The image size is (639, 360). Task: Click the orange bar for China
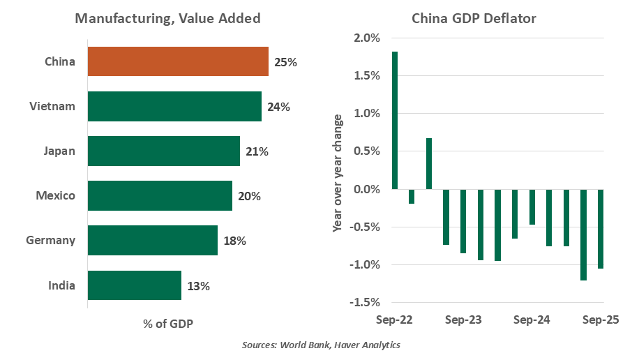(178, 61)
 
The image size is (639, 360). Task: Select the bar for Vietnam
(174, 106)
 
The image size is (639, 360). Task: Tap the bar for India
(135, 285)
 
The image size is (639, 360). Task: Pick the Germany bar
(153, 241)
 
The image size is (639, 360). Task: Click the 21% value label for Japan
(257, 151)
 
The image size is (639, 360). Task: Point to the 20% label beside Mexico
(249, 196)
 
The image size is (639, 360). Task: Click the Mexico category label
(56, 196)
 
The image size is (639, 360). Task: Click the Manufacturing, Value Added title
(167, 19)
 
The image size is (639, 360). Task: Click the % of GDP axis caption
(168, 324)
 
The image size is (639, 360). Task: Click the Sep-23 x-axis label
(463, 320)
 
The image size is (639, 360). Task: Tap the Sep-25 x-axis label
(600, 320)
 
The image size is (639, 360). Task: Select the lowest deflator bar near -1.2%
(583, 234)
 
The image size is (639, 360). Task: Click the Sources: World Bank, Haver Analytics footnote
(321, 345)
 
